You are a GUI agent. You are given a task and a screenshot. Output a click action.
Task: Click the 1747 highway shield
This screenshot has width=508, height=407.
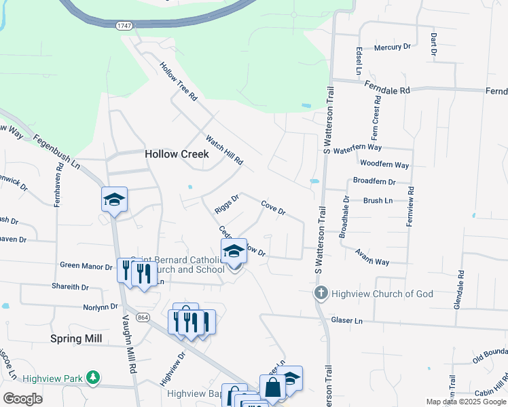(124, 25)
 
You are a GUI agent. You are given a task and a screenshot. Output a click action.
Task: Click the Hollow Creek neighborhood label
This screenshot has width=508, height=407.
(177, 154)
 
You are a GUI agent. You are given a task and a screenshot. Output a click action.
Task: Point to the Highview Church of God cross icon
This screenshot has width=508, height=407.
(321, 294)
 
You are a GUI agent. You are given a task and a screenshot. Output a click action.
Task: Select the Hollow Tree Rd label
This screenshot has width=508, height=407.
(178, 82)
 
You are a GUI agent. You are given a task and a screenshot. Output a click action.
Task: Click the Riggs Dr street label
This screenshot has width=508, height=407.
(228, 204)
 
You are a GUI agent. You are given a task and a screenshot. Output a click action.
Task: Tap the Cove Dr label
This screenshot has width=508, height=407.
(273, 206)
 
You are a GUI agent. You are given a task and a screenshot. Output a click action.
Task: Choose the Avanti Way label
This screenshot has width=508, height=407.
(372, 257)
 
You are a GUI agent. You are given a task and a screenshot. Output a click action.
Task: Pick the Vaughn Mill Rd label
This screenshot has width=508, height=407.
(126, 343)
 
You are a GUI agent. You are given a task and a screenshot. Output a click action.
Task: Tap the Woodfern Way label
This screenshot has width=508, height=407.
(384, 165)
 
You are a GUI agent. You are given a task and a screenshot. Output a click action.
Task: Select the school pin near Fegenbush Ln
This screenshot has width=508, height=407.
(115, 199)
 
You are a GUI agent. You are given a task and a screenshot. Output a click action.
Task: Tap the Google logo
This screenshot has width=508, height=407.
(22, 399)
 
